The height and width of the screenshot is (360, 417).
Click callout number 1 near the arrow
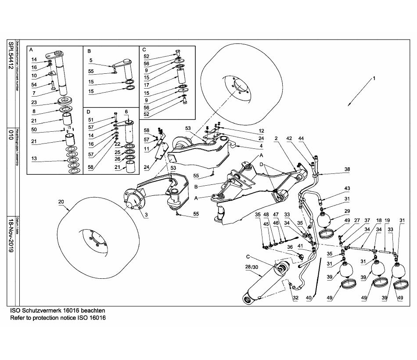pos(374,79)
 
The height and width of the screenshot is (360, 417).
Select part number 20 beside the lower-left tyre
pos(61,202)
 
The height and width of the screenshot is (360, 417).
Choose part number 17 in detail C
pos(146,85)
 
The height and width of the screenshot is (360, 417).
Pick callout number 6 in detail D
pos(126,112)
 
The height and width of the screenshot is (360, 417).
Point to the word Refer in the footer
pos(18,317)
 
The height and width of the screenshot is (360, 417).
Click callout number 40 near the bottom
pos(309,298)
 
